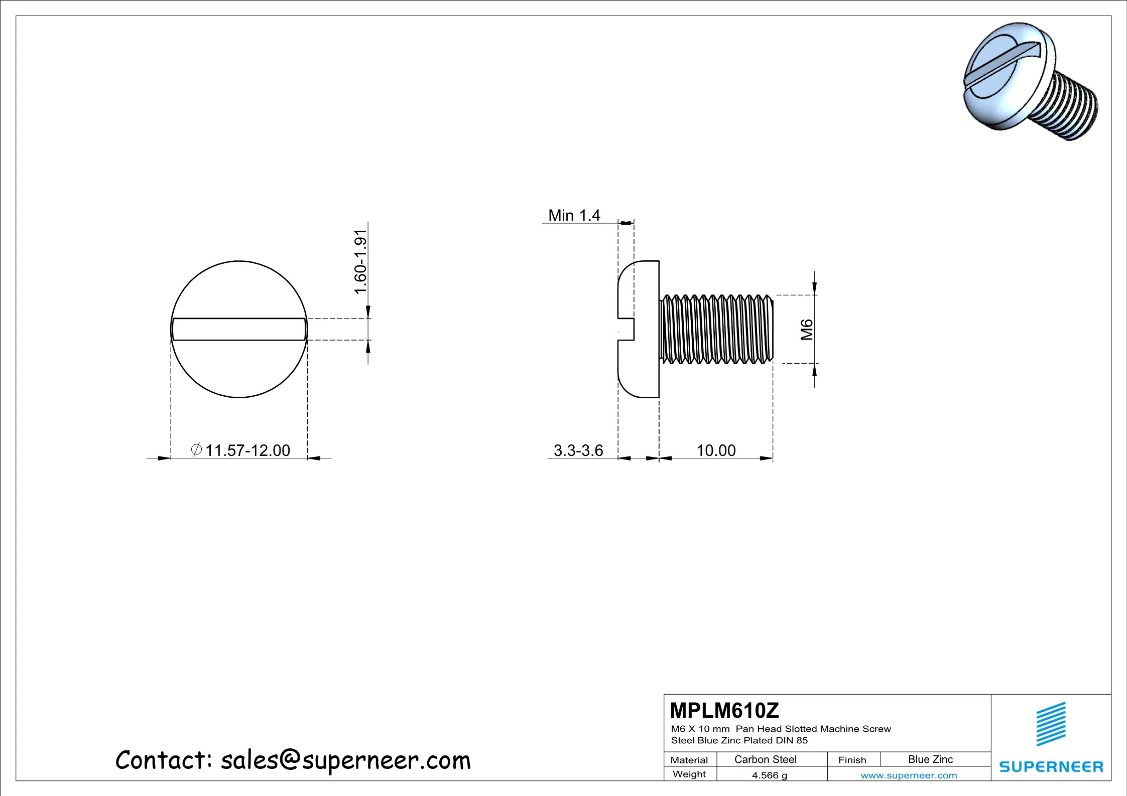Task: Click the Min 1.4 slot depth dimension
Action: point(574,216)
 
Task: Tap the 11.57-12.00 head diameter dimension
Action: point(247,450)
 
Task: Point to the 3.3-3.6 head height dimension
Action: point(578,450)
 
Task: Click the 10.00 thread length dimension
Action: point(716,450)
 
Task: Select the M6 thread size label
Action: point(806,330)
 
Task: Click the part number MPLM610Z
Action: point(724,711)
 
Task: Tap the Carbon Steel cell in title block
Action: point(765,759)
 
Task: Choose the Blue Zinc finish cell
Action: point(930,759)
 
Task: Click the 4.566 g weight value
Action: point(769,775)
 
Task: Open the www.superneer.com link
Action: point(909,775)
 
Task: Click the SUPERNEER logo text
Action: point(1051,767)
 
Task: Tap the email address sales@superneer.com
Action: point(346,760)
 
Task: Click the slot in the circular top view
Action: point(239,330)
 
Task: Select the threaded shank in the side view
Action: point(716,330)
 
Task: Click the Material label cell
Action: point(689,760)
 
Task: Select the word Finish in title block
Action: point(852,760)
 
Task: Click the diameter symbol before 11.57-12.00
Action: point(197,449)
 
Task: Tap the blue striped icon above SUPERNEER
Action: point(1051,724)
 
